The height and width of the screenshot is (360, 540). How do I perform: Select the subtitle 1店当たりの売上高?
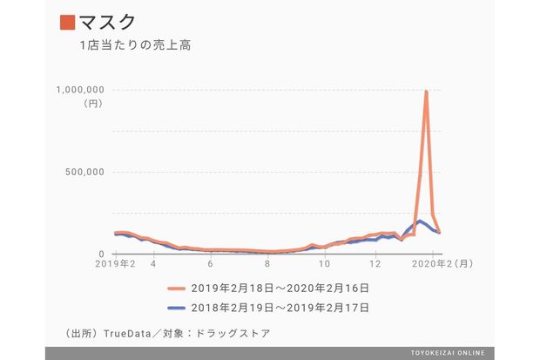[133, 45]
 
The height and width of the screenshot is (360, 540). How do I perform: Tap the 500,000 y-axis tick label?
[86, 172]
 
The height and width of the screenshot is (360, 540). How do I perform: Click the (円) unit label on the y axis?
[93, 103]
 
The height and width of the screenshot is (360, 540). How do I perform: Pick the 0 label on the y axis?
[101, 254]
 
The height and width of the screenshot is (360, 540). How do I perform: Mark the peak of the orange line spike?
[426, 91]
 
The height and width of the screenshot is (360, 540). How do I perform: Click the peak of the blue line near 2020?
[420, 221]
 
